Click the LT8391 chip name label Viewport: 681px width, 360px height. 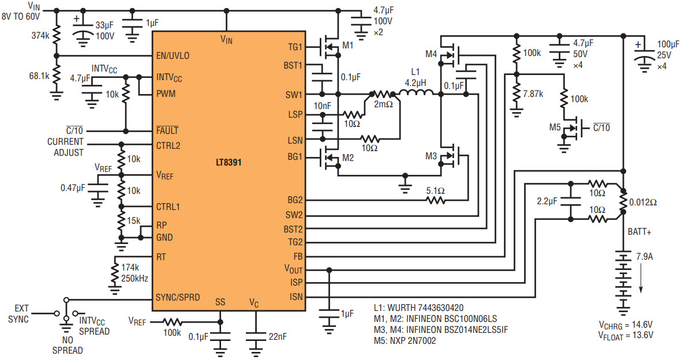pyautogui.click(x=229, y=163)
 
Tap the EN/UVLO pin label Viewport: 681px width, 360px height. pyautogui.click(x=173, y=56)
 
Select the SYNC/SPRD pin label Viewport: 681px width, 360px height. pyautogui.click(x=178, y=298)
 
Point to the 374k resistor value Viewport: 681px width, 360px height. pyautogui.click(x=40, y=35)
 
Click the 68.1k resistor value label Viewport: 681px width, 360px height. pyautogui.click(x=39, y=76)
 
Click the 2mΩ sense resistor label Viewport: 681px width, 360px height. pyautogui.click(x=384, y=104)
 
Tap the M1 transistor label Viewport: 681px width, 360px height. pyautogui.click(x=349, y=45)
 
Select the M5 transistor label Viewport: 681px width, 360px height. pyautogui.click(x=555, y=127)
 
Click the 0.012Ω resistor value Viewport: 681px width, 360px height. pyautogui.click(x=643, y=202)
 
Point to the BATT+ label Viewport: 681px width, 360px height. pyautogui.click(x=639, y=232)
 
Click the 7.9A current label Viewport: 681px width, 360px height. pyautogui.click(x=645, y=257)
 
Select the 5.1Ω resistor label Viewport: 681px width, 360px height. pyautogui.click(x=435, y=190)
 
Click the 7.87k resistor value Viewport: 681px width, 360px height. pyautogui.click(x=533, y=93)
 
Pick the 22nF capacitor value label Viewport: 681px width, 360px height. pyautogui.click(x=278, y=336)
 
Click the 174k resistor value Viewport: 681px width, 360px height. pyautogui.click(x=130, y=268)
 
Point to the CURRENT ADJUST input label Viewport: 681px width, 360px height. pyautogui.click(x=66, y=147)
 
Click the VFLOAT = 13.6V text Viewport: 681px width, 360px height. pyautogui.click(x=626, y=335)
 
